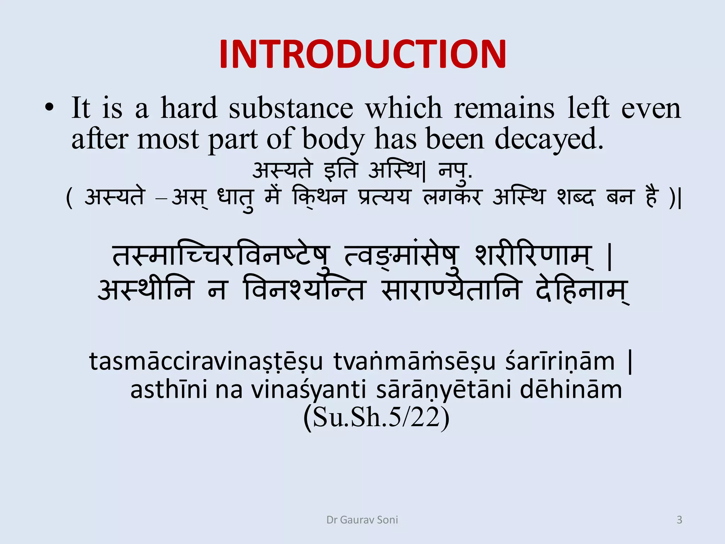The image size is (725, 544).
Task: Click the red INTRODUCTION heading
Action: click(362, 54)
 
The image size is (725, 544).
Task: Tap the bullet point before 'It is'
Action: click(50, 108)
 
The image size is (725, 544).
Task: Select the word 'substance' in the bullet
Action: click(291, 108)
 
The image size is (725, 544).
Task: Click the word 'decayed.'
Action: click(549, 139)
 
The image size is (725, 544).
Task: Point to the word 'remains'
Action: click(504, 108)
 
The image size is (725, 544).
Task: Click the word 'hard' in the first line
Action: click(189, 108)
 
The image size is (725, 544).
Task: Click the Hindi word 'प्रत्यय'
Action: click(384, 197)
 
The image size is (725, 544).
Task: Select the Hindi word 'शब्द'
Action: click(575, 197)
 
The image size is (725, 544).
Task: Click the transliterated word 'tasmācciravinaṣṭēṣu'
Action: click(206, 362)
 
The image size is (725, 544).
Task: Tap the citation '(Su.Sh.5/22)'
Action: click(376, 418)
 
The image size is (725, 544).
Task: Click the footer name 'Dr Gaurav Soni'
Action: click(362, 520)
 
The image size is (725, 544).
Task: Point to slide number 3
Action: click(679, 520)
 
